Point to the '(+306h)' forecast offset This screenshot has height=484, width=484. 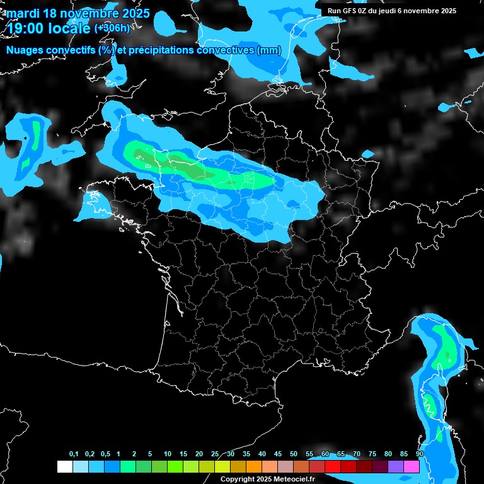[112, 28]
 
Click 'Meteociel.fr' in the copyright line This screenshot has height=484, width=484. [294, 479]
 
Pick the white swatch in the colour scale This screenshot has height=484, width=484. [64, 466]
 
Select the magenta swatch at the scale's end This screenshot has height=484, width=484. [412, 466]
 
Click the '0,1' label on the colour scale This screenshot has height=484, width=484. [74, 454]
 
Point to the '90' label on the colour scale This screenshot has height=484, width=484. [420, 454]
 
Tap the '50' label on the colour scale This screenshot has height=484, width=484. [294, 454]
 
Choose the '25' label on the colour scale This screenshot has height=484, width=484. [215, 454]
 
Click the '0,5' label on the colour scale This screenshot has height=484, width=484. [105, 454]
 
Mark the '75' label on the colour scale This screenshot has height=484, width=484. [372, 454]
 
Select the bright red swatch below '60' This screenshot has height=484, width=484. [333, 466]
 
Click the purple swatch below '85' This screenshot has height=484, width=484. [396, 466]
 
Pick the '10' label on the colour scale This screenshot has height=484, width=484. [168, 454]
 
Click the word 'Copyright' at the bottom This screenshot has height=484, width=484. [238, 479]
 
